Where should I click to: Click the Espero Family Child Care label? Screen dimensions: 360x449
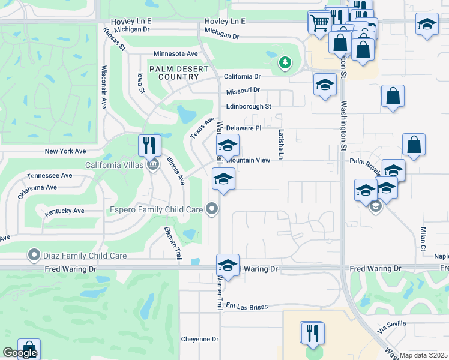pos(156,209)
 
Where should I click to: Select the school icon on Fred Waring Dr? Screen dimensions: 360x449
pos(228,265)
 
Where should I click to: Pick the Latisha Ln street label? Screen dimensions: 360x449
pos(280,145)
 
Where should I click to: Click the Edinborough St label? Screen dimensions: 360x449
pos(249,106)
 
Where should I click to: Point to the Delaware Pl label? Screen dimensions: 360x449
pos(244,128)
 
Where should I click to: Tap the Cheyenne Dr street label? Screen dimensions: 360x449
pos(200,339)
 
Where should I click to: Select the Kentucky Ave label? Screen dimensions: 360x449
pos(64,211)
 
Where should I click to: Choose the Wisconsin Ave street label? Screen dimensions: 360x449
pos(104,87)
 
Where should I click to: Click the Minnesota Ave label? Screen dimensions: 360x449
pos(175,53)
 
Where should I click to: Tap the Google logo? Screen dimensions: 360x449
pos(20,353)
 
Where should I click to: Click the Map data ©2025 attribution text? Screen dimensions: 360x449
pos(423,355)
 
